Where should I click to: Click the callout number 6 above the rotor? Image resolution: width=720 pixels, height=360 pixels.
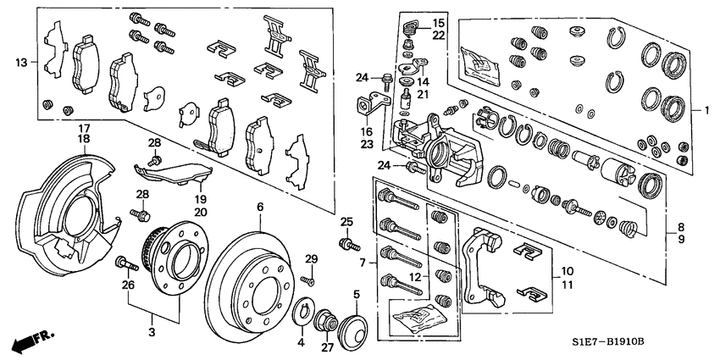tap(260, 207)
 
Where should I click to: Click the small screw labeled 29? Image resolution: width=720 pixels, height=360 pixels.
tap(311, 273)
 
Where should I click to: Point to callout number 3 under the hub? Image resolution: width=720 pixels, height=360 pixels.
tap(152, 333)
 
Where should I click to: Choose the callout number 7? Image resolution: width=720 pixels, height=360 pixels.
tap(362, 263)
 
